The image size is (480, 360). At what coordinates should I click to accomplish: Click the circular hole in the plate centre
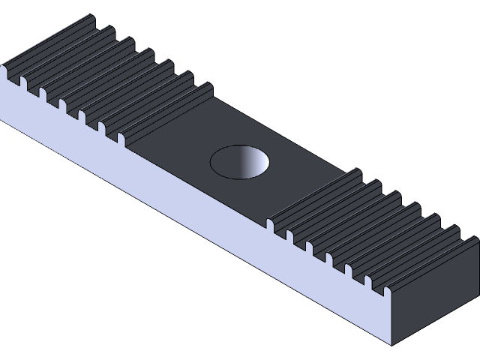point(239,161)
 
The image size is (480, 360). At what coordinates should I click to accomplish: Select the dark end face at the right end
point(435,300)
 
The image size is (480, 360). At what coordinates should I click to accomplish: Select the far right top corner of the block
point(477,238)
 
